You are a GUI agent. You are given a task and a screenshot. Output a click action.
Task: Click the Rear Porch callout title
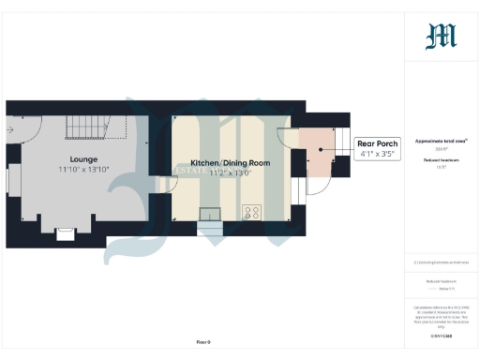[376, 143]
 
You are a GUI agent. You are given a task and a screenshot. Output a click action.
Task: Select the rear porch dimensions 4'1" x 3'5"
[376, 154]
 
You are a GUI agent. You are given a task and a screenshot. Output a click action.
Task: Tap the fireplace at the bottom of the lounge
[66, 232]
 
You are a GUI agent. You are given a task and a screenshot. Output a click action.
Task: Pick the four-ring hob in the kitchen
[252, 212]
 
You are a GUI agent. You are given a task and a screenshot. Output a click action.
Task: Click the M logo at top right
[441, 36]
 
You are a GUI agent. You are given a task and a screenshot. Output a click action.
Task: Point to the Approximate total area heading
[441, 140]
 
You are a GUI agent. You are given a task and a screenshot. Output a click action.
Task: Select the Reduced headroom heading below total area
[441, 160]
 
